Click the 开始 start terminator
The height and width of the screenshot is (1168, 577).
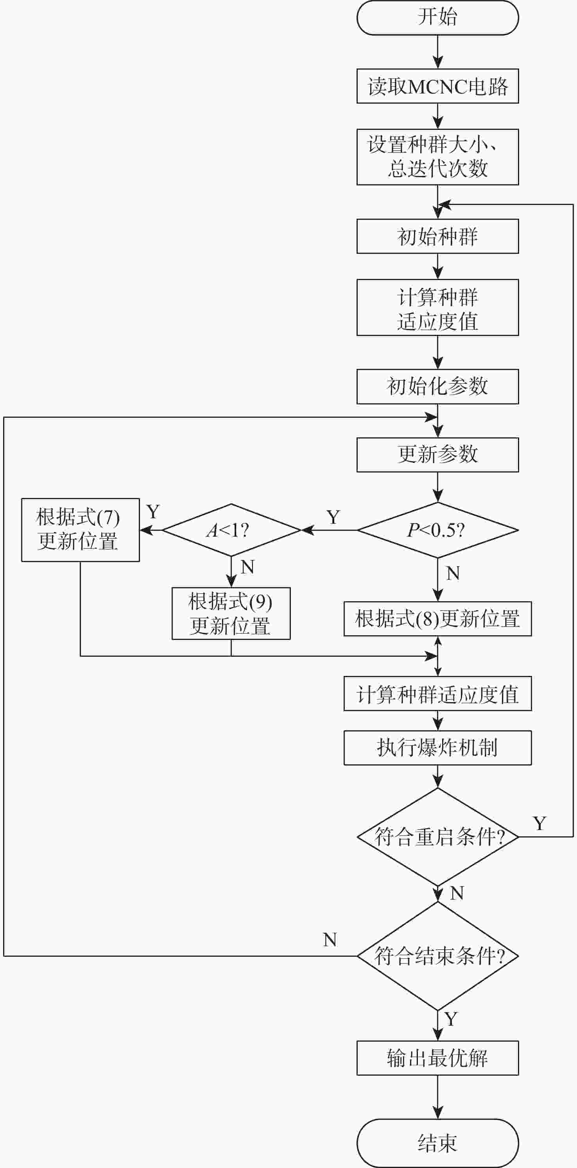[x=437, y=18]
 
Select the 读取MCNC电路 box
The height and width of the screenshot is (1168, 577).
[x=437, y=86]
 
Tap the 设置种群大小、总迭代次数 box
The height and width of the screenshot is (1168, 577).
[x=437, y=157]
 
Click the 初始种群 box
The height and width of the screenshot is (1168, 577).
[x=437, y=236]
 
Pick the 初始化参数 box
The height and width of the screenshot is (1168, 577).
[x=437, y=386]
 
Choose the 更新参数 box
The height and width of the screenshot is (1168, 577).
[x=437, y=454]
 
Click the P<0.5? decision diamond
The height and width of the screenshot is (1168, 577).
[x=437, y=530]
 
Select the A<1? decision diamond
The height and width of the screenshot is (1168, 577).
[x=231, y=530]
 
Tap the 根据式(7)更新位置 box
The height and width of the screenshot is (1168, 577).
[x=80, y=530]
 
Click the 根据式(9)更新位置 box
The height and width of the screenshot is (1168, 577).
[x=231, y=613]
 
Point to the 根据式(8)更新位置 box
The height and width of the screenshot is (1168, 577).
[x=437, y=619]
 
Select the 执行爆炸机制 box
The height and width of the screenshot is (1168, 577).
[x=437, y=748]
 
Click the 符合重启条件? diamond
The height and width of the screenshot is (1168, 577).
[x=437, y=837]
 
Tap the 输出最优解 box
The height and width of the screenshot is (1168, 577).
[x=437, y=1058]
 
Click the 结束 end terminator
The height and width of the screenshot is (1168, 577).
[x=437, y=1143]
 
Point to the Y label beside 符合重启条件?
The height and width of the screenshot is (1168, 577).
[x=539, y=823]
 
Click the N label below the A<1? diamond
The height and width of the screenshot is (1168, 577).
[x=247, y=567]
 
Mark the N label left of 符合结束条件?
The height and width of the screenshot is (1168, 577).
[x=330, y=940]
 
